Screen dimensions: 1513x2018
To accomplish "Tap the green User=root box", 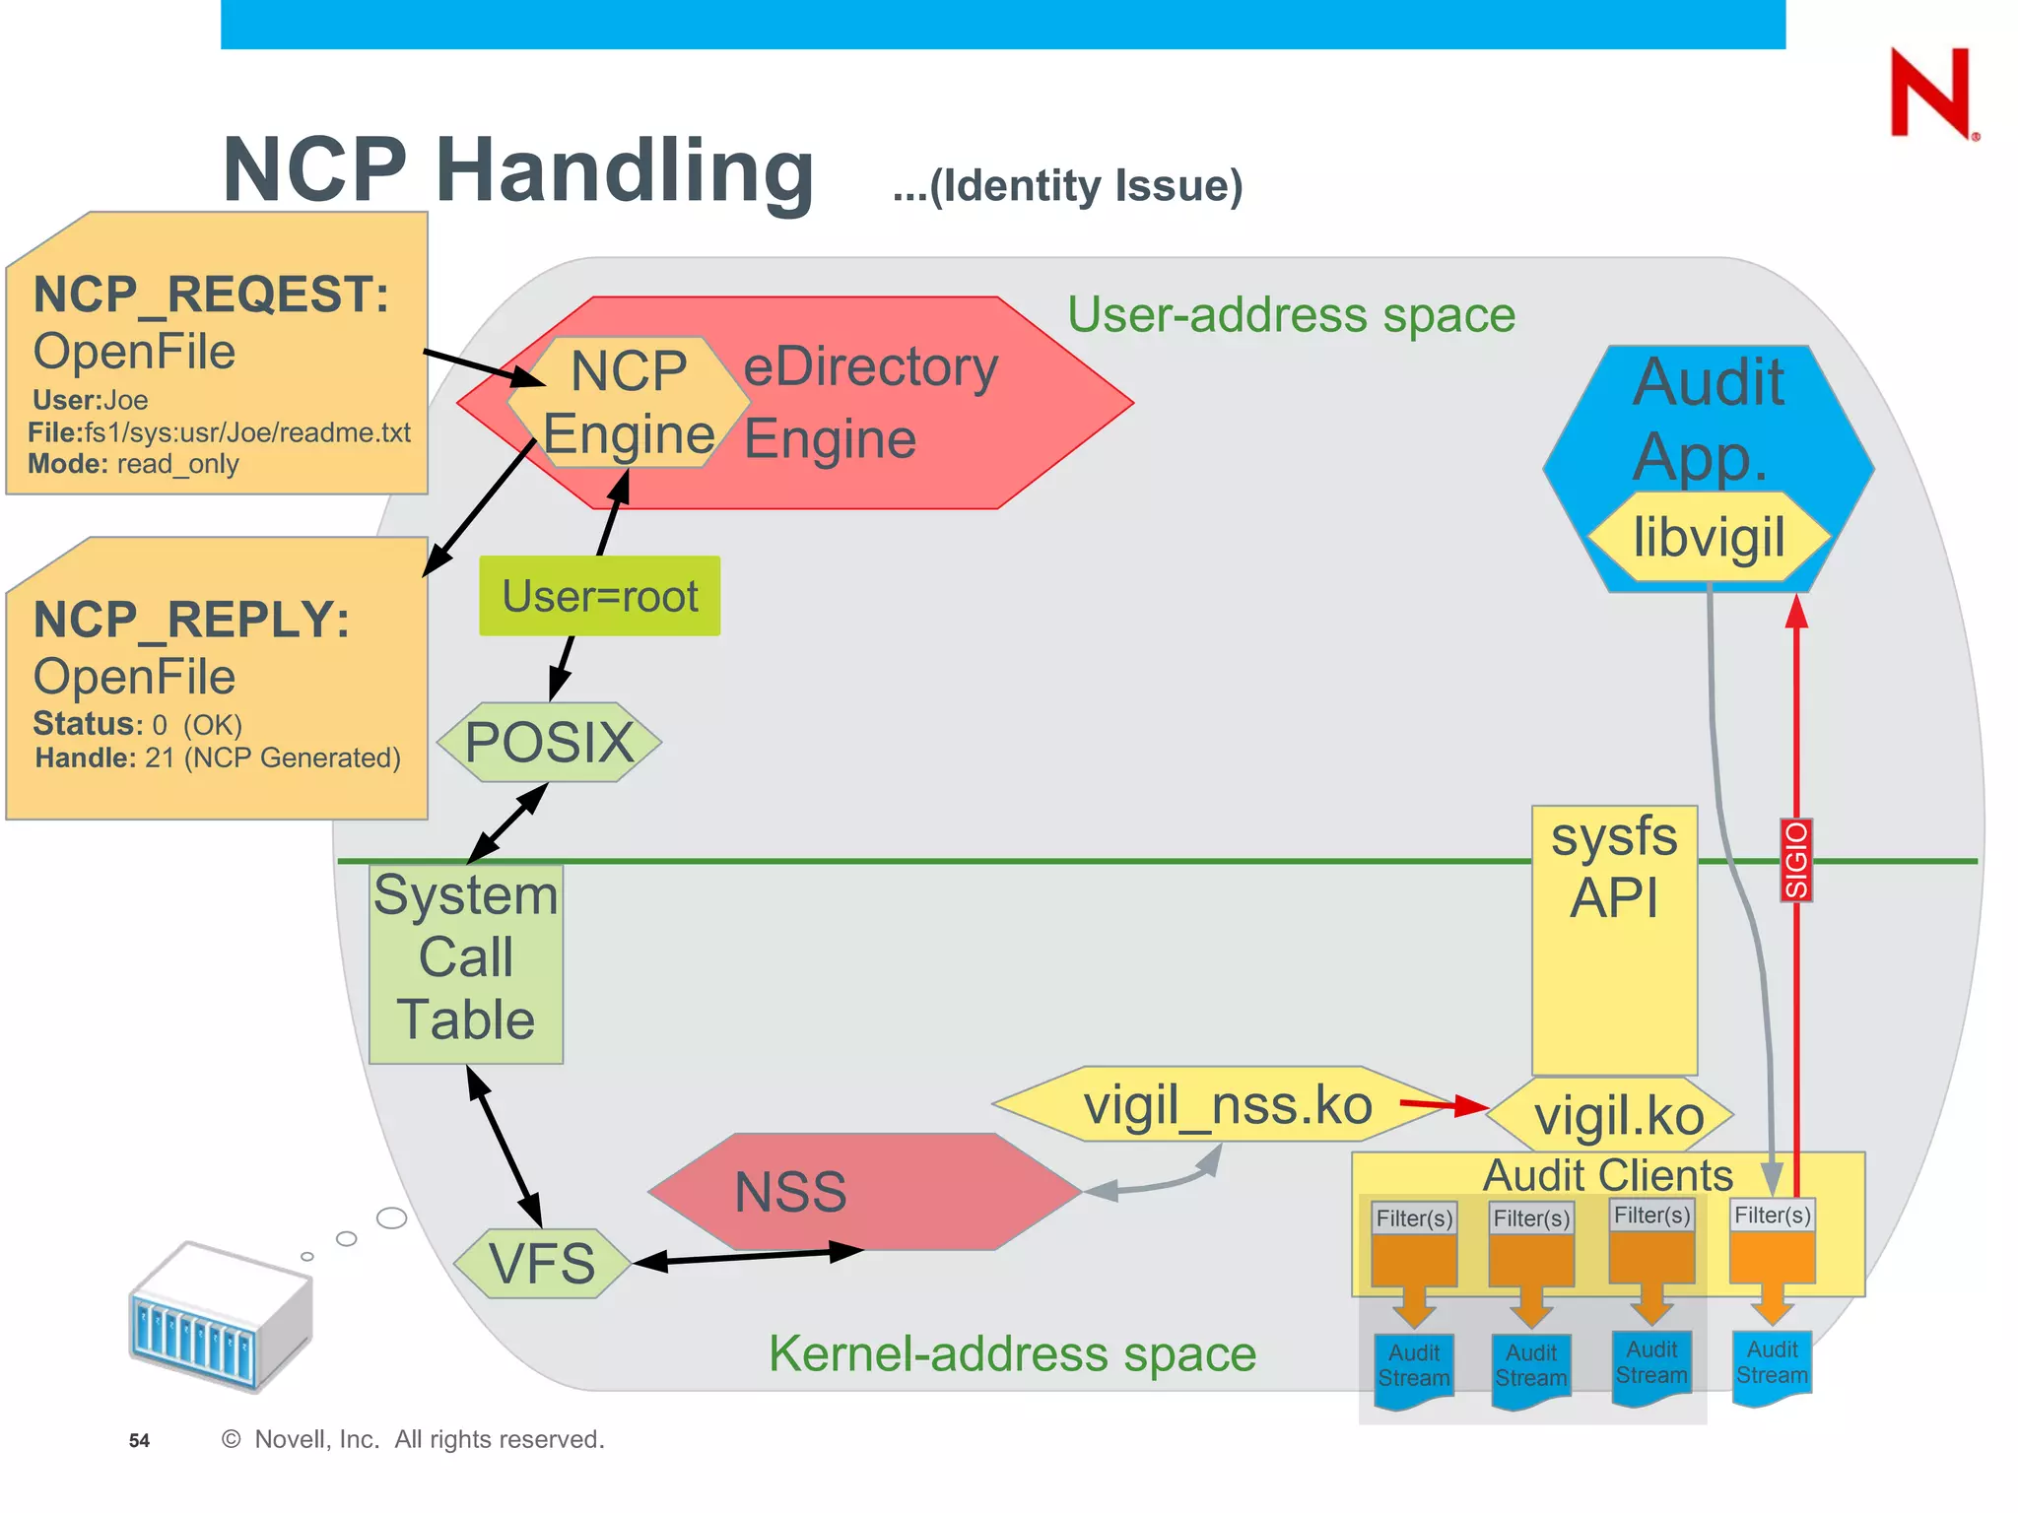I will (599, 596).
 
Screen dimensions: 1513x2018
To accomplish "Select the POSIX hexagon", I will (549, 743).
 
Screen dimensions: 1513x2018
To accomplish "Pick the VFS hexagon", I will (542, 1263).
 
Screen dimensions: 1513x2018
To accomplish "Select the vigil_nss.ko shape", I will (1227, 1104).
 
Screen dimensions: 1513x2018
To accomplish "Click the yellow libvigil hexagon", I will (1709, 538).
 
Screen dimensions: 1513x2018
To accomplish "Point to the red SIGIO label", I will (1796, 860).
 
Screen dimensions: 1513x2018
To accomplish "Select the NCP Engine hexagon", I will (628, 403).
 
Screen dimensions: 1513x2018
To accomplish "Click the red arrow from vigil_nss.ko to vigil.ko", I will (1443, 1105).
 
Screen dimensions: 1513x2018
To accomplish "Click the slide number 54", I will (139, 1440).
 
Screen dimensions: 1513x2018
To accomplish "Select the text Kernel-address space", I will (1012, 1353).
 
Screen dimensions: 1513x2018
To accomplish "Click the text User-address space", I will (1291, 315).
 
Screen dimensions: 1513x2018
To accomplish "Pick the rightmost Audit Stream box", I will (1772, 1364).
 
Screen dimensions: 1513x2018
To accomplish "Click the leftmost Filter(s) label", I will (1414, 1218).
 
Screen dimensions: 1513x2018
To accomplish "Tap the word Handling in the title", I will (625, 169).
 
